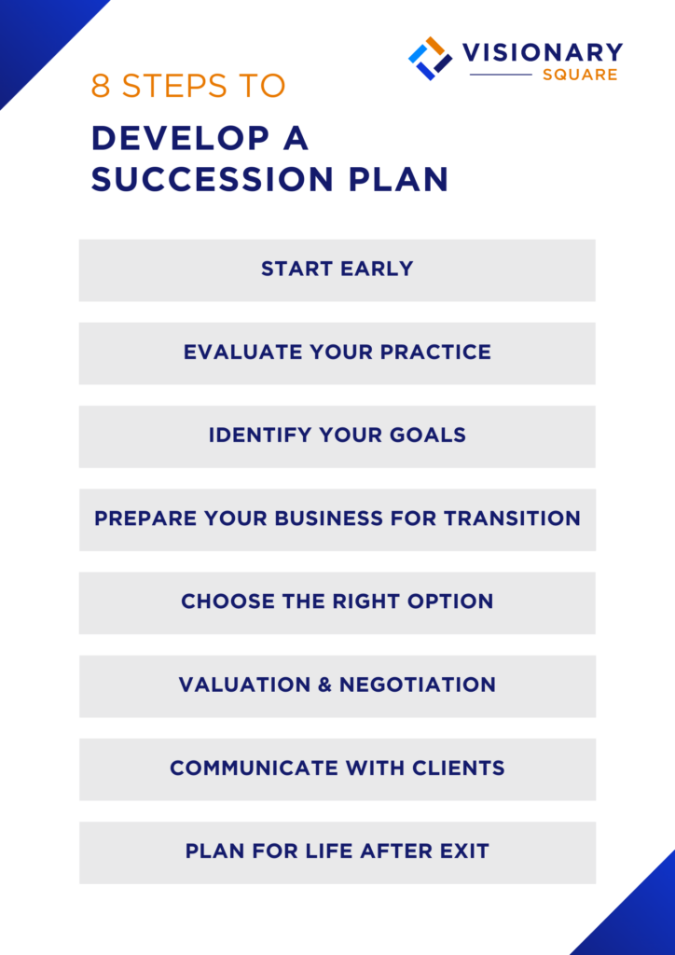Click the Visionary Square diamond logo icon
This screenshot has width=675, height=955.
430,58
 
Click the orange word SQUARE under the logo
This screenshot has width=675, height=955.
580,75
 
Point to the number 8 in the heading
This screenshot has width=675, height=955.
101,86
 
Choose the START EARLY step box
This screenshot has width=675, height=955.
337,270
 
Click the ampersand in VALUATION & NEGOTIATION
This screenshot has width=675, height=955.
324,685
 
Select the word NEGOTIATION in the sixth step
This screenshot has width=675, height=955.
418,685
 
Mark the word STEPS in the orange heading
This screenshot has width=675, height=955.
175,86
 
